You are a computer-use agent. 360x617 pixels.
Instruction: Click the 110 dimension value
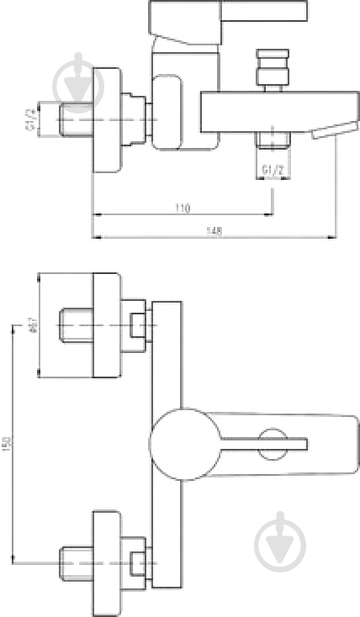tap(183, 208)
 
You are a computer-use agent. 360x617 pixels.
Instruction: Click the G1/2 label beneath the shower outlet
tap(271, 169)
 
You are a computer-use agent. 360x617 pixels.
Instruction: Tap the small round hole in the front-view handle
tap(272, 443)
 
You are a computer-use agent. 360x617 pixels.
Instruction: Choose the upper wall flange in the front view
tap(105, 327)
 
